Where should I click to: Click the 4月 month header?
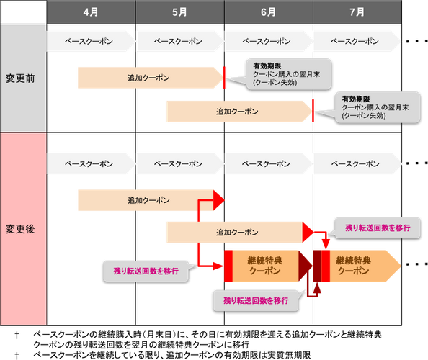pos(91,12)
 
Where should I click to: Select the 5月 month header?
pos(180,12)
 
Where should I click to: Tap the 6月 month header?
pos(269,12)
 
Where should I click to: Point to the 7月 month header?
pos(357,12)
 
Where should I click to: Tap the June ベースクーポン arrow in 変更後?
pos(267,163)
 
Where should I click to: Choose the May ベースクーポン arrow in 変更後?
pos(179,163)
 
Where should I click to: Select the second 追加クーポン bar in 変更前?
pos(238,112)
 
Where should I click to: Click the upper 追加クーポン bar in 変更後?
pos(148,199)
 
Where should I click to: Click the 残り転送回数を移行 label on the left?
pos(146,271)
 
